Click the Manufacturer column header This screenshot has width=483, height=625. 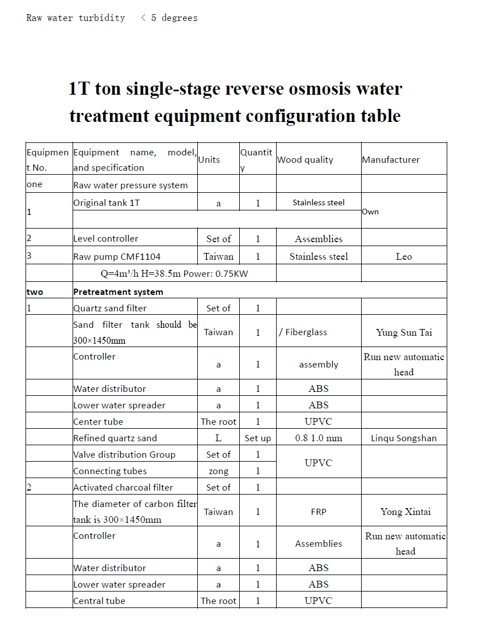coord(391,160)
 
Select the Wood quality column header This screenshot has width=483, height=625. coord(305,160)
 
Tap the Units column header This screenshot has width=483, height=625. coord(209,160)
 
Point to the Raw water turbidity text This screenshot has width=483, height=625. coord(75,18)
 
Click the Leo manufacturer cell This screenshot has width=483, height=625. coord(404,256)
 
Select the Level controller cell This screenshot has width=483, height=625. coord(105,239)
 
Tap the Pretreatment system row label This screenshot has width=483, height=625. coord(118,292)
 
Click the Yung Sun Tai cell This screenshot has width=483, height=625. coord(404,332)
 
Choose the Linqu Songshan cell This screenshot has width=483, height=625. coord(404,438)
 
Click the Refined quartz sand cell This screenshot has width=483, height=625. coord(115,438)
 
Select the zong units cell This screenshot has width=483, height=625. coord(218,471)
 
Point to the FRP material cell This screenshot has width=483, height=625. coord(319,512)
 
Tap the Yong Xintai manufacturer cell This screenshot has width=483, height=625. coord(405,512)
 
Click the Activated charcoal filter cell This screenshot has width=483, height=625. coord(123,487)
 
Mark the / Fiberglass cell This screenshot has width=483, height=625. coord(303,332)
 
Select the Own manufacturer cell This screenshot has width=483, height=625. coord(370,212)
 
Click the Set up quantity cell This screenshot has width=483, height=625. coord(258,438)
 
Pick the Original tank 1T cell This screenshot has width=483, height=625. coord(106,202)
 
